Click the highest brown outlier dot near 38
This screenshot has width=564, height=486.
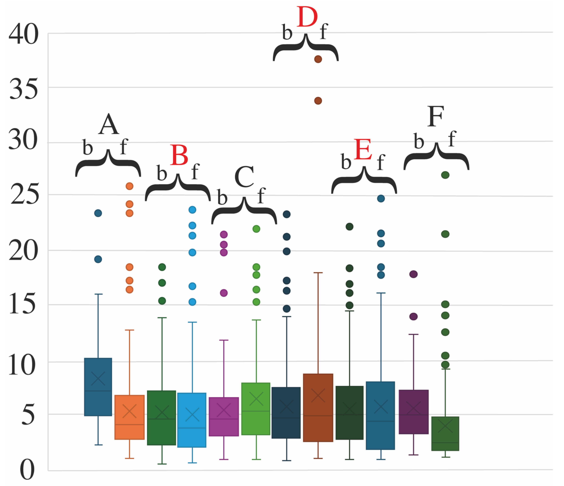[318, 59]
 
